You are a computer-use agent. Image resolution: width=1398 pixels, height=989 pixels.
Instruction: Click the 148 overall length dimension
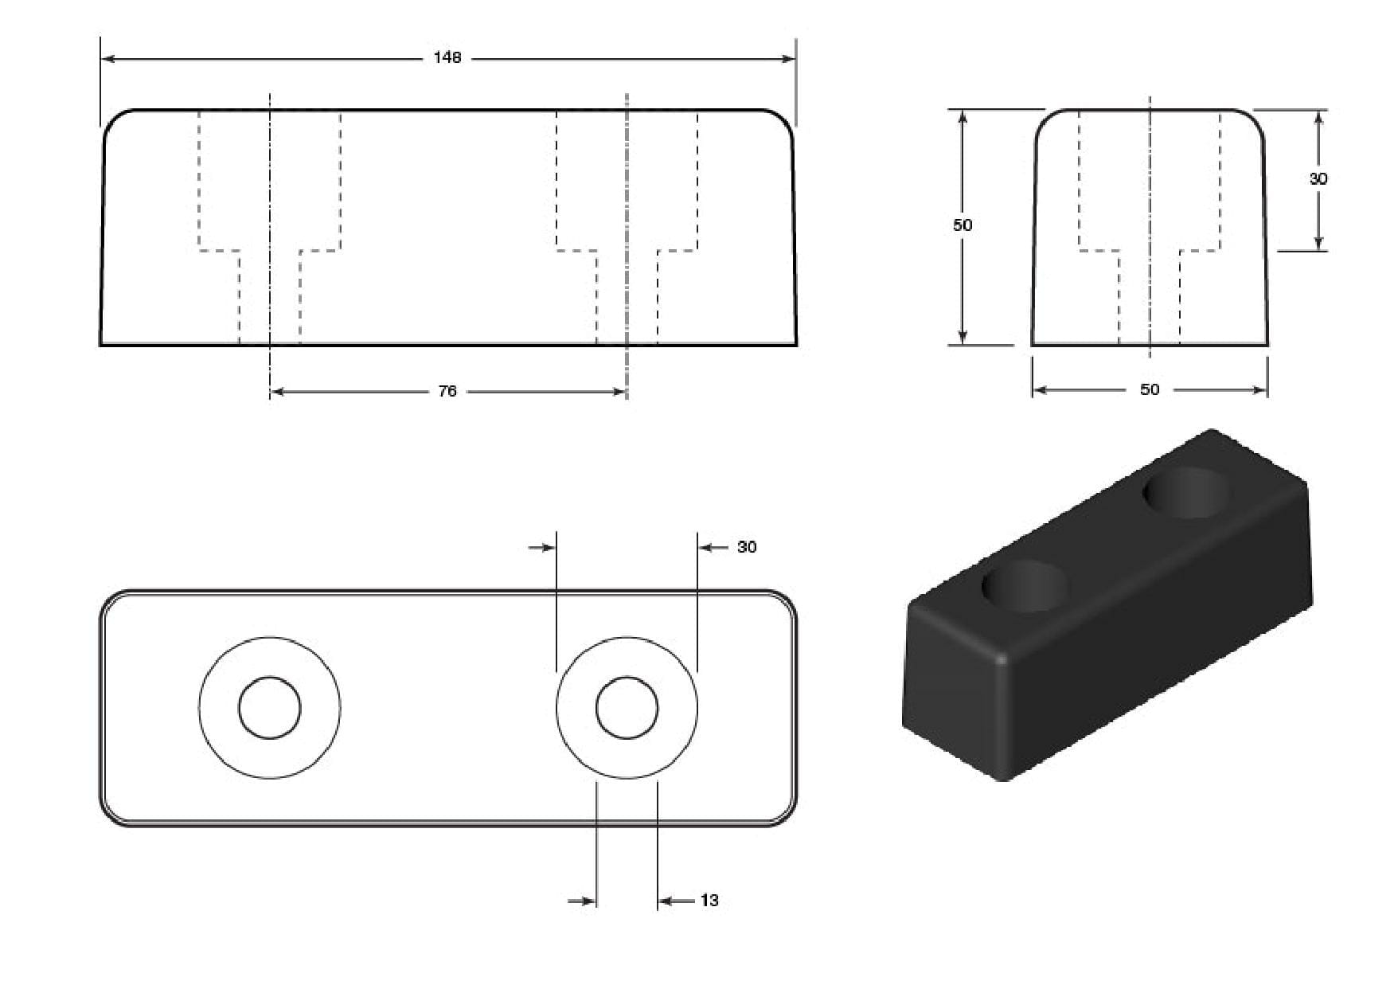click(x=447, y=58)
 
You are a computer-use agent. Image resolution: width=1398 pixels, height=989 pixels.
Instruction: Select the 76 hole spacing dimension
click(x=447, y=391)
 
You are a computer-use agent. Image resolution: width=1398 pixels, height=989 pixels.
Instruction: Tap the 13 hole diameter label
click(x=709, y=901)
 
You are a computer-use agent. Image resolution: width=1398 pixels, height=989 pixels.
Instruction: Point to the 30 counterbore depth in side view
click(x=1318, y=179)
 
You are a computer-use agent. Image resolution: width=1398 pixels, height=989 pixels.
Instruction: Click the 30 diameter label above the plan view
click(x=746, y=547)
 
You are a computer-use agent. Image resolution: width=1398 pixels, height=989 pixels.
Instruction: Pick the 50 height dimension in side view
click(x=963, y=225)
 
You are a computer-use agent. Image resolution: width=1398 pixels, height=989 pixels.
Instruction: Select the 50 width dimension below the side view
click(x=1150, y=389)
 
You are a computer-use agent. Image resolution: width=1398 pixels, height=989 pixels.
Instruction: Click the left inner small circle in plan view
click(x=270, y=708)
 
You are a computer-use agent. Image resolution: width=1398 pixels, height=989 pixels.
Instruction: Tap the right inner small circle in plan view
click(x=627, y=708)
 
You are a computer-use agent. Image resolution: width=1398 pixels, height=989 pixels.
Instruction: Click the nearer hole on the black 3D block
click(x=1023, y=586)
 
